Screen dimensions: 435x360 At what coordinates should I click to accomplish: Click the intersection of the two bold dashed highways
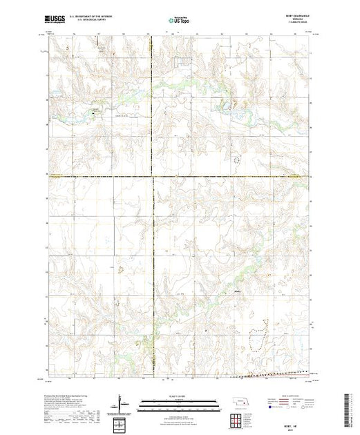coord(152,177)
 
